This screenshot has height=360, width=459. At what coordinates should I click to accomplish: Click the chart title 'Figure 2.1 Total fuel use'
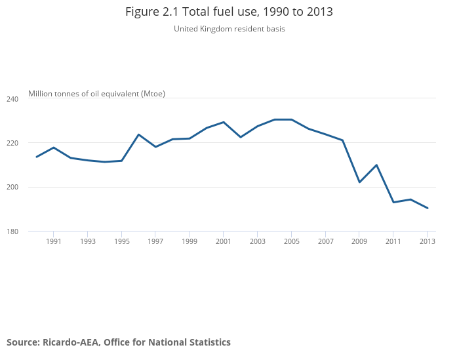(229, 12)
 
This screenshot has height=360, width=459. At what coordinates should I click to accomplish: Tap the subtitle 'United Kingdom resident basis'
(229, 29)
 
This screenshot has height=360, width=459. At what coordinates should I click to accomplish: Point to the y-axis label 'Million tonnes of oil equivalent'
(96, 94)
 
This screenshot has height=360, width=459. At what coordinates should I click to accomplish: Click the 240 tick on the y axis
(13, 98)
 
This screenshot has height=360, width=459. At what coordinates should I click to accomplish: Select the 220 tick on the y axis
(13, 143)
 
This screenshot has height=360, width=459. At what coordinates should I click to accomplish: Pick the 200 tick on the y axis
(13, 188)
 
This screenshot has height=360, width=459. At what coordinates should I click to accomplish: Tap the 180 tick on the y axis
(13, 231)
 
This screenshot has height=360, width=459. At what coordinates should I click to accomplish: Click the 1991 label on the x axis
(54, 241)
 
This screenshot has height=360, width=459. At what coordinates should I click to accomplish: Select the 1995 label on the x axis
(121, 241)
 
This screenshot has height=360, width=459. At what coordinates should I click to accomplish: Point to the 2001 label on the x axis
(224, 241)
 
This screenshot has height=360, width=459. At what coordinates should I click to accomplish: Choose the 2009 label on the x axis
(359, 241)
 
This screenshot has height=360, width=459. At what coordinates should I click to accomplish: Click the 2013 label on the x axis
(428, 241)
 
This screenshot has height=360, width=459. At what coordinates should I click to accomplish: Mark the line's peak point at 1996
(138, 134)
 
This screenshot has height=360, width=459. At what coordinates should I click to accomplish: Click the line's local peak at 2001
(224, 122)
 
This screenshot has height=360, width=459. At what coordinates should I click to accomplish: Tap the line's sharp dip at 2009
(359, 182)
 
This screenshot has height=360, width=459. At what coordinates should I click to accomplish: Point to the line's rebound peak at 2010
(376, 165)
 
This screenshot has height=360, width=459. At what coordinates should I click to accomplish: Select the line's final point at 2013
(428, 208)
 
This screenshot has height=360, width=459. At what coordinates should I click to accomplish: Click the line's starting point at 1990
(37, 157)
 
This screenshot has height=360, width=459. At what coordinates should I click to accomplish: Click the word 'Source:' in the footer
(23, 342)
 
